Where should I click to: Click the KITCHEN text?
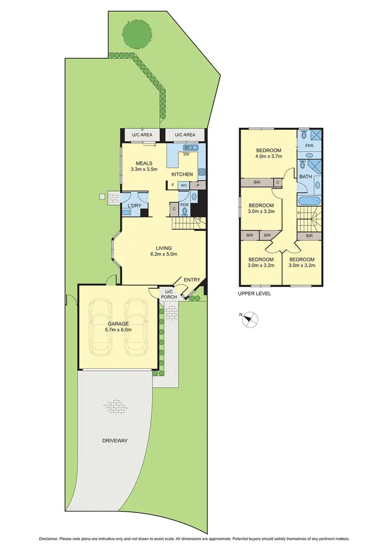coord(182,174)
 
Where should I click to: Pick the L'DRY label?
coord(135,206)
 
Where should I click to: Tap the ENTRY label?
coord(192,280)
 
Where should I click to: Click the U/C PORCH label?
coord(169,293)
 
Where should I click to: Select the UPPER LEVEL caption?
coord(254,293)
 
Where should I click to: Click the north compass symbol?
coord(250,320)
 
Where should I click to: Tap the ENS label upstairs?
coord(309,146)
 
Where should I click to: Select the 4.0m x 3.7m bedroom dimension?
coord(268,158)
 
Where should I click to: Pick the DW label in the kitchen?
coord(186,154)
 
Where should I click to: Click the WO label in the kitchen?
coord(184,185)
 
